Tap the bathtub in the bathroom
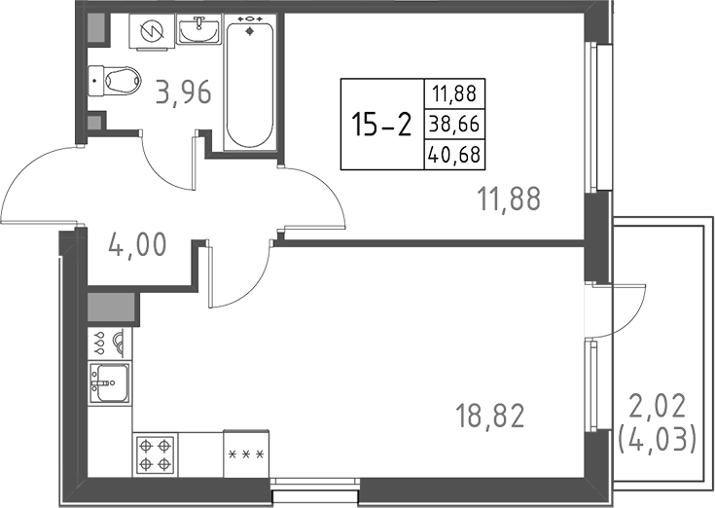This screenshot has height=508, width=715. point(250,83)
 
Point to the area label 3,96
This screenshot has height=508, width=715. point(184,95)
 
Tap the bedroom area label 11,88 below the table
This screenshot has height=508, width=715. point(508,199)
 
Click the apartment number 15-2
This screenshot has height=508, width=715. point(380,125)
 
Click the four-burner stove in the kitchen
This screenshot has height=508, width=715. point(157,453)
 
